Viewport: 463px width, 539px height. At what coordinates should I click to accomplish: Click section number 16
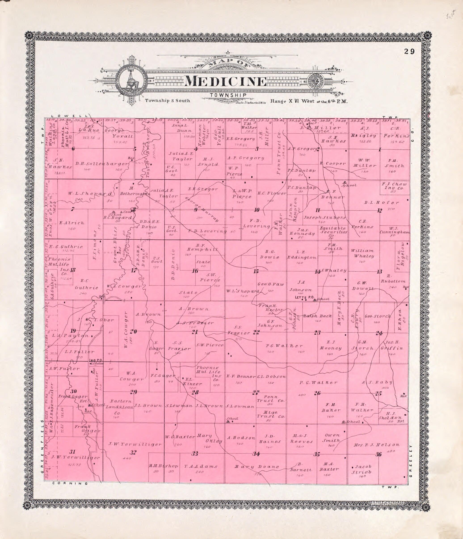click(x=195, y=271)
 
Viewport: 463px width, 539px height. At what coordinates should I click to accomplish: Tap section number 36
click(x=379, y=455)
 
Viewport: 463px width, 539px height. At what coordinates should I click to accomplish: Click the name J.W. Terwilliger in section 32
click(x=135, y=444)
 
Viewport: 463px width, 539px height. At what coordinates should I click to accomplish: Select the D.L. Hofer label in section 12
click(x=381, y=203)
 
